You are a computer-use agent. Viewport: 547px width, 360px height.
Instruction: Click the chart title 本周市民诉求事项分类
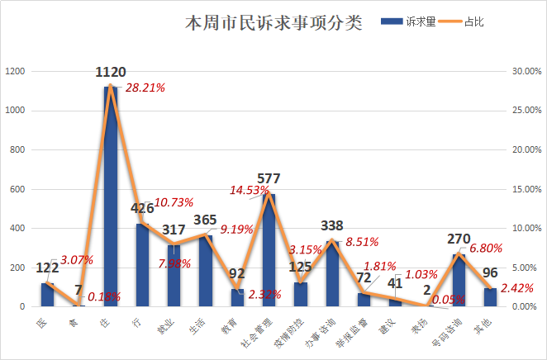273,23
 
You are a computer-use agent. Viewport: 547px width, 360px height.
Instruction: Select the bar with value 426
142,264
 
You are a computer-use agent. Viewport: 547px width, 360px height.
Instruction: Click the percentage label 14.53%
249,190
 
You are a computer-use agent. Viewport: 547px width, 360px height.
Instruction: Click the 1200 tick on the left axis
15,72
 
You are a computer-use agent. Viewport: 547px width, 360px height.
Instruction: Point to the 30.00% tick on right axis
526,72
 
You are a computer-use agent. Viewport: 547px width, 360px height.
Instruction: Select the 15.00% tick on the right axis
526,189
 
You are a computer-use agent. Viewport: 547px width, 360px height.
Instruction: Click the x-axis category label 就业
167,324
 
